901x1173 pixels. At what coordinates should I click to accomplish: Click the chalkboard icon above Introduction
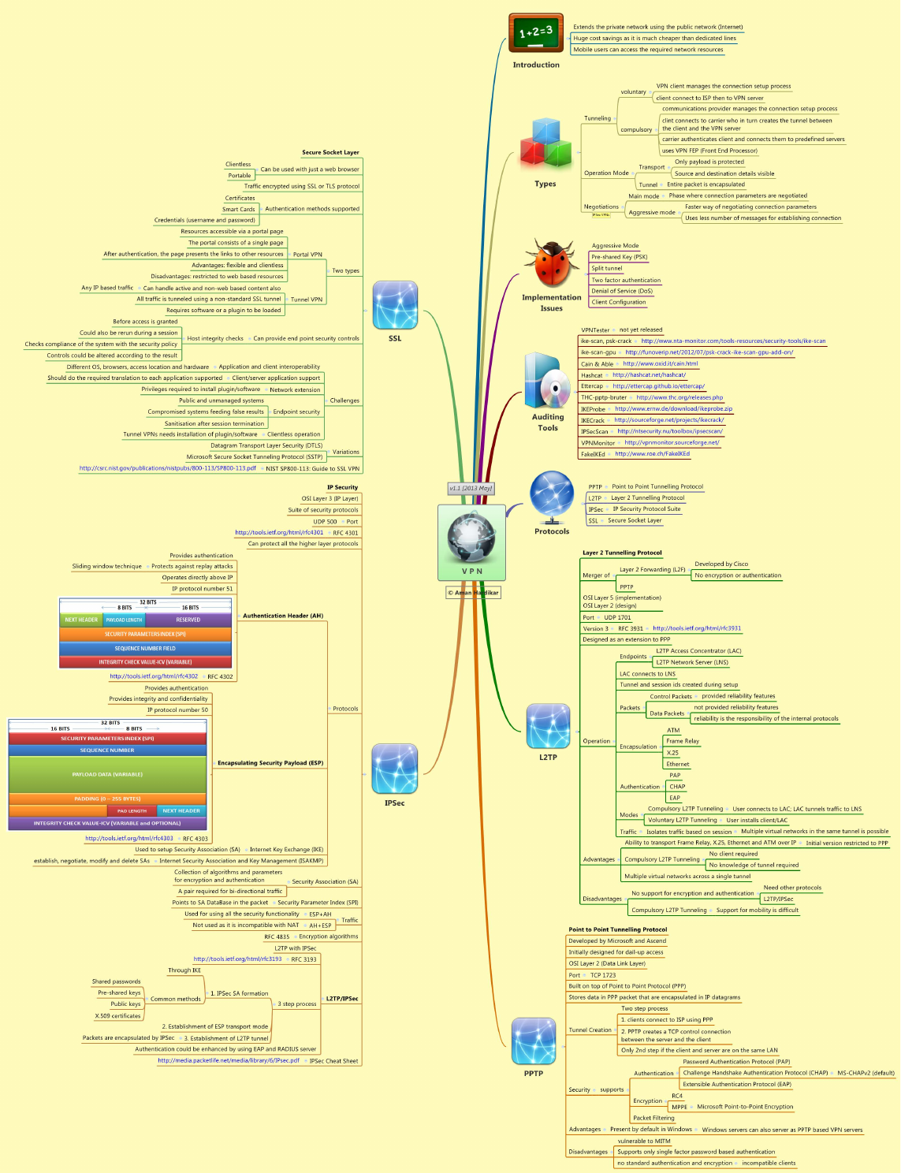tap(536, 33)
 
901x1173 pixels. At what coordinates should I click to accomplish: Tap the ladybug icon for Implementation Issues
tap(551, 265)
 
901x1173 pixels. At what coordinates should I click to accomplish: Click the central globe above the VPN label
tap(471, 537)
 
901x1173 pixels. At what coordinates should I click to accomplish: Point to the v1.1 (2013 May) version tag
tap(471, 488)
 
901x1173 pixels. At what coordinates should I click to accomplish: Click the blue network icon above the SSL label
tap(395, 305)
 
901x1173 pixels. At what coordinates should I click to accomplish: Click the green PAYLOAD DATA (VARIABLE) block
tap(107, 774)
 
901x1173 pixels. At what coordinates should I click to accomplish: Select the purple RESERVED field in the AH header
tap(188, 620)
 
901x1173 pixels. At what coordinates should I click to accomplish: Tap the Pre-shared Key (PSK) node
tap(620, 257)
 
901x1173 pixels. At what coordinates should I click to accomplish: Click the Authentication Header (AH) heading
tap(283, 616)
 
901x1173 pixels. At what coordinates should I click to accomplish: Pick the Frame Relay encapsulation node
tap(683, 741)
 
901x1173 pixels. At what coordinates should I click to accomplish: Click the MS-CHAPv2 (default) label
tap(866, 1073)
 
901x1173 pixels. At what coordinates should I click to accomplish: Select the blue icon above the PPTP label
tap(534, 1041)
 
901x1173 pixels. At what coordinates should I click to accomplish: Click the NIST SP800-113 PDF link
tap(168, 468)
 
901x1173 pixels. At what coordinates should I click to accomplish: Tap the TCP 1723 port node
tap(603, 975)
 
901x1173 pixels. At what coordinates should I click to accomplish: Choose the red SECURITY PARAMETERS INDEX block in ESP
tap(107, 739)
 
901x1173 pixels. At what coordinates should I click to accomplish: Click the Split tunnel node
tap(607, 269)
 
